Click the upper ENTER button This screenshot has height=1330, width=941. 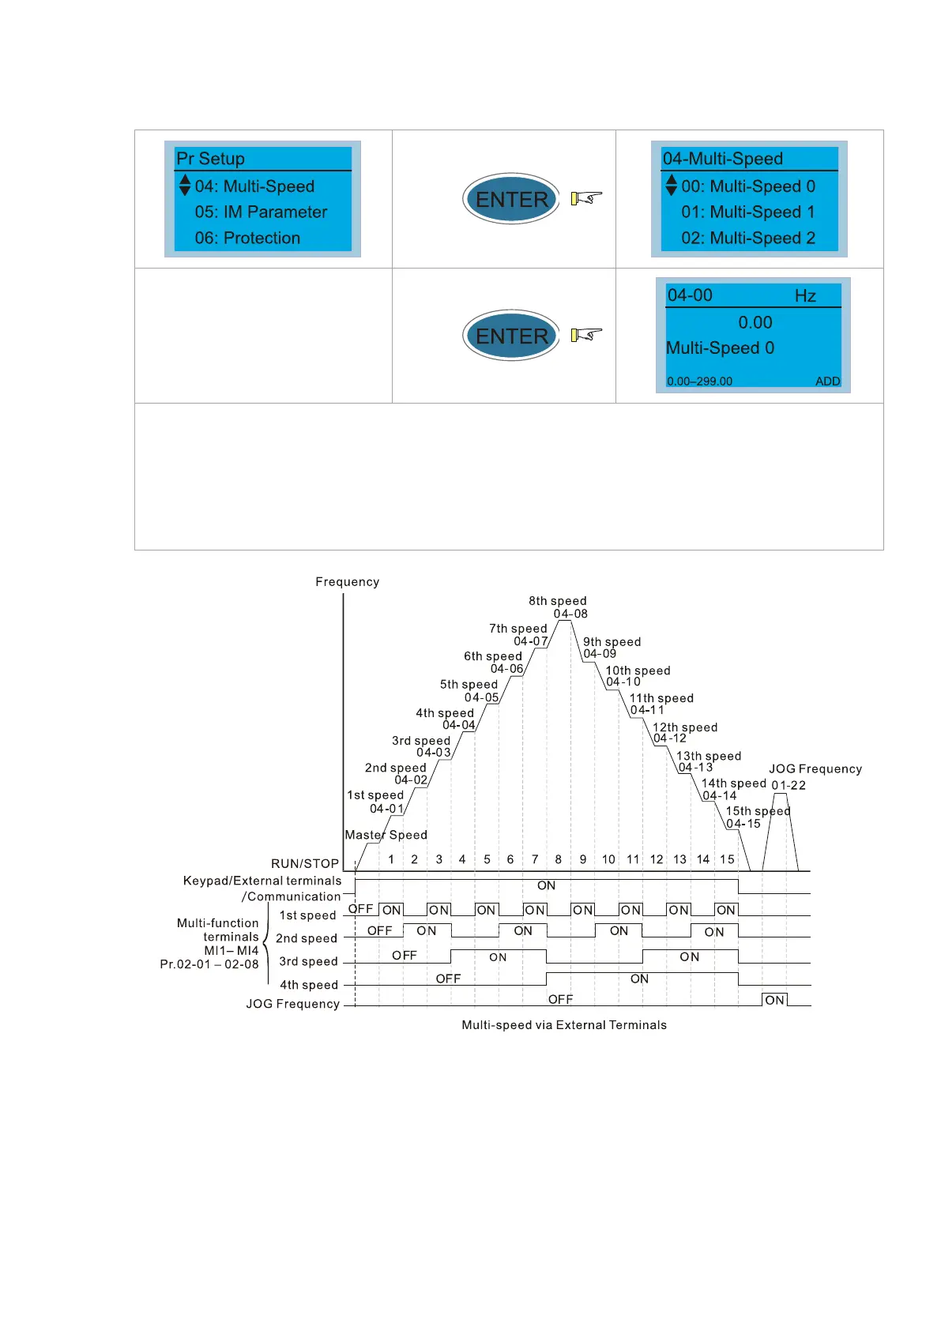click(x=511, y=199)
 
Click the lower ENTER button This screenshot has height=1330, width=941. click(x=511, y=336)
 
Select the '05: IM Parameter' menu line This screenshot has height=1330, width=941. click(x=261, y=212)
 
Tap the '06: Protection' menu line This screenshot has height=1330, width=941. click(x=247, y=239)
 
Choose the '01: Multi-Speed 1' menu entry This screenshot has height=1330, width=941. click(x=747, y=212)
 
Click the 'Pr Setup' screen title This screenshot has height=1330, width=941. click(x=210, y=159)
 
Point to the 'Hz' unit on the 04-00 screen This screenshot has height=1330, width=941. click(x=805, y=296)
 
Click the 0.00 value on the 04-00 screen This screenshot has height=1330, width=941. click(x=755, y=322)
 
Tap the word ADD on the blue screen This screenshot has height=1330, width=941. click(x=827, y=381)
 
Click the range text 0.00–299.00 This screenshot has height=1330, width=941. click(x=699, y=381)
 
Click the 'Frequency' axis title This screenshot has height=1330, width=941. click(x=347, y=582)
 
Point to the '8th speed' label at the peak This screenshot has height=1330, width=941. click(x=557, y=601)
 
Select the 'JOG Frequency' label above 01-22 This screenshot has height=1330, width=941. click(x=815, y=769)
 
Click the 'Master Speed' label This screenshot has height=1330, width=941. click(x=386, y=835)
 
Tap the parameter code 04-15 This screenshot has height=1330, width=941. click(x=743, y=824)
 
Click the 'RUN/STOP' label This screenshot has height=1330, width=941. click(x=305, y=864)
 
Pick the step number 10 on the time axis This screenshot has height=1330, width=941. click(x=608, y=859)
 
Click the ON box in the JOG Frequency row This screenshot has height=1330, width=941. click(x=774, y=1000)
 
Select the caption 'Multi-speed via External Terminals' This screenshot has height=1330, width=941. click(x=563, y=1025)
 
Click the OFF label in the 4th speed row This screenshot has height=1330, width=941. click(x=448, y=979)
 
